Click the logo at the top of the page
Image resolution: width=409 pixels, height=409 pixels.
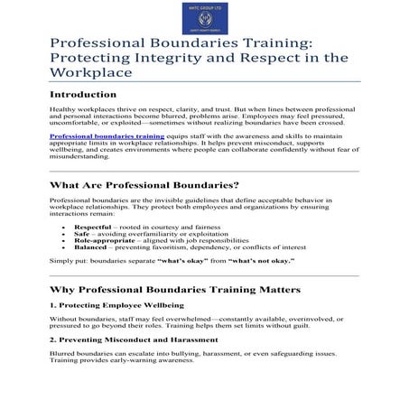click(204, 16)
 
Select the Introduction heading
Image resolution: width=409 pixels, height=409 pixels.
click(88, 94)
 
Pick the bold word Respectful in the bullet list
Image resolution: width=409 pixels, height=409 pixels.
click(93, 227)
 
